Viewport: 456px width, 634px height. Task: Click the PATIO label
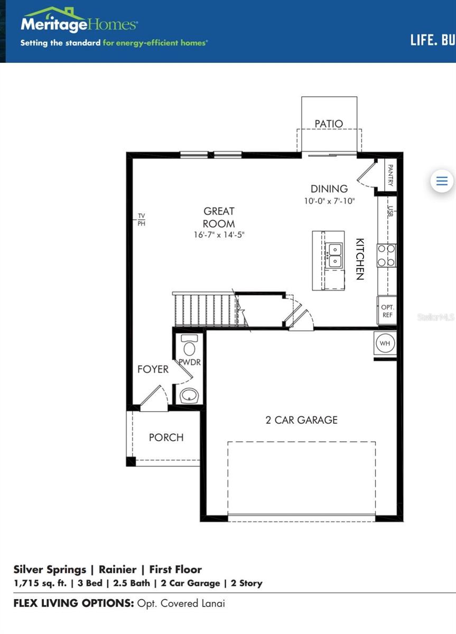[x=329, y=124]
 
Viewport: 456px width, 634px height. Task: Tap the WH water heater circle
[x=385, y=343]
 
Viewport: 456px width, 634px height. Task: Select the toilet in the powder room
[x=189, y=346]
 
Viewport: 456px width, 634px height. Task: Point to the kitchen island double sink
[x=334, y=255]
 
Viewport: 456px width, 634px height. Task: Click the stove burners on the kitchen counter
[x=386, y=255]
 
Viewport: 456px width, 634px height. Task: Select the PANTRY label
[x=390, y=175]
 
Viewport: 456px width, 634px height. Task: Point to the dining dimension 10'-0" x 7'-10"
[x=329, y=201]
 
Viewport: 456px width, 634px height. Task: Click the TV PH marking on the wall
[x=141, y=220]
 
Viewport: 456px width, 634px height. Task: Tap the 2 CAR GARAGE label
[x=301, y=420]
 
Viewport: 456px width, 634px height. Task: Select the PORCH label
[x=166, y=437]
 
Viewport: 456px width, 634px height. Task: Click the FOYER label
[x=153, y=369]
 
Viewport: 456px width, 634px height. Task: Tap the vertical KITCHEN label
[x=359, y=258]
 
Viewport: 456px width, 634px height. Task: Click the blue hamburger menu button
[x=442, y=181]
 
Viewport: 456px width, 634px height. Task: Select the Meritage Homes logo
[x=79, y=24]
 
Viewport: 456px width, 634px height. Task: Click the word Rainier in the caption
[x=119, y=570]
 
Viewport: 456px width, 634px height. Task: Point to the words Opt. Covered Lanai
[x=181, y=603]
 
